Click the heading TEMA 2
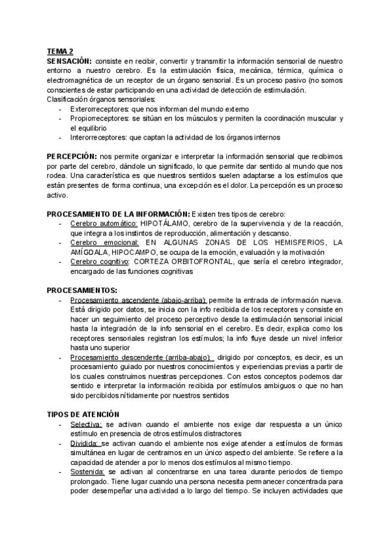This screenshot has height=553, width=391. click(x=60, y=52)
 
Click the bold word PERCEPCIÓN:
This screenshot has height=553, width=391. click(x=72, y=157)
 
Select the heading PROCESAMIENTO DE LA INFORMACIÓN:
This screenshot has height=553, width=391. click(x=118, y=215)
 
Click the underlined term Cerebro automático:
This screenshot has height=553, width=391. click(x=103, y=224)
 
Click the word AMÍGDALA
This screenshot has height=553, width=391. click(x=89, y=252)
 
